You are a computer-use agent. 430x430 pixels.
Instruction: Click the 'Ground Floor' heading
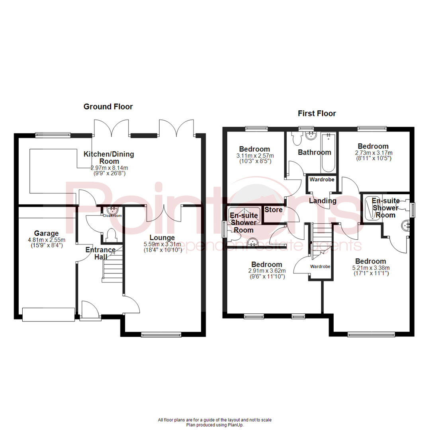(108, 107)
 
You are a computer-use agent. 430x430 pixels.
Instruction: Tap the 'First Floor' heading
(317, 113)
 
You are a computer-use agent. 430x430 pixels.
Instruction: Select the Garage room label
(46, 233)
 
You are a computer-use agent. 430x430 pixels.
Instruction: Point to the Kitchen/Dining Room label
(109, 158)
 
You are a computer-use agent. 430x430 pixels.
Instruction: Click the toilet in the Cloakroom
(112, 235)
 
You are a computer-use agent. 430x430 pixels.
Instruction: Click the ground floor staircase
(111, 267)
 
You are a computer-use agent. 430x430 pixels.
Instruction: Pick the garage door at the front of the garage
(49, 314)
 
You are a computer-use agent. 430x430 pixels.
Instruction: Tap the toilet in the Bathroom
(296, 139)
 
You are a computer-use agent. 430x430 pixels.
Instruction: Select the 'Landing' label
(322, 201)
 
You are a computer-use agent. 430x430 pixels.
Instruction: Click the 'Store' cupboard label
(274, 210)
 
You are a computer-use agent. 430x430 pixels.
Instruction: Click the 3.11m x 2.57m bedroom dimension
(255, 156)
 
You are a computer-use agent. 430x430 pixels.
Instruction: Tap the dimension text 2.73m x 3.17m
(373, 153)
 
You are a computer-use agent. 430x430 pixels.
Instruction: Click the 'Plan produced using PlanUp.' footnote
(215, 425)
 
